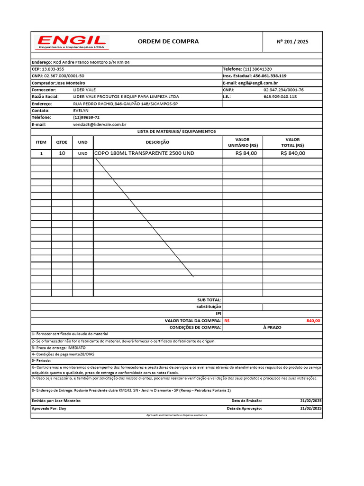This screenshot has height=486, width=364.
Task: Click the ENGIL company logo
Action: click(73, 42)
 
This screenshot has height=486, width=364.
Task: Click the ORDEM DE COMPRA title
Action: click(168, 41)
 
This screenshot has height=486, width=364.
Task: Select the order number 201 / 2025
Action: click(292, 42)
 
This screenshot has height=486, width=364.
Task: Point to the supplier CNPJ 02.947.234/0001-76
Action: click(283, 90)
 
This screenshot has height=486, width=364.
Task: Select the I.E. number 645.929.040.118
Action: click(280, 96)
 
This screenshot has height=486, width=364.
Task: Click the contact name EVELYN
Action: click(81, 110)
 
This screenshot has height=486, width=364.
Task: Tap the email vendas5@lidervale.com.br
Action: click(100, 124)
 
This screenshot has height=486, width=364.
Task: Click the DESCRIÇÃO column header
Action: click(157, 142)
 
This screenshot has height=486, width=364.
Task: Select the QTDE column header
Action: click(62, 142)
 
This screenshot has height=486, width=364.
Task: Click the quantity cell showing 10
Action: click(62, 153)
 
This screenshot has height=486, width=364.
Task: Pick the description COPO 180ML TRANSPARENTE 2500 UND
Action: click(145, 153)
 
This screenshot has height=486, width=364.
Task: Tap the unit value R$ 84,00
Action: click(246, 153)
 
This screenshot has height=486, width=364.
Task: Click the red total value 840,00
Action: click(313, 321)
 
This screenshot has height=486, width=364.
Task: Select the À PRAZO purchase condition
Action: click(272, 327)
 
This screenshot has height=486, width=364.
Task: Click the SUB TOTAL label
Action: click(209, 300)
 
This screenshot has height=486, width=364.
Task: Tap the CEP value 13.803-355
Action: click(53, 69)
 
